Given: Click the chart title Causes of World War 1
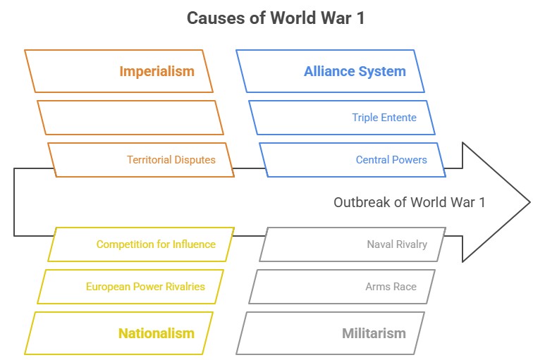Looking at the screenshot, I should (x=276, y=18).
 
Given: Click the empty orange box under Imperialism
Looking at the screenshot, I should (x=130, y=118).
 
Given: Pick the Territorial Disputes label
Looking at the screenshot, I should (x=171, y=160).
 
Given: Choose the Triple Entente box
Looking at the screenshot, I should (x=384, y=118).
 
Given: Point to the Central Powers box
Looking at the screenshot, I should (x=391, y=160).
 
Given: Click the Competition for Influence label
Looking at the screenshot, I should (x=156, y=244).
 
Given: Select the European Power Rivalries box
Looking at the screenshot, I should (x=145, y=287).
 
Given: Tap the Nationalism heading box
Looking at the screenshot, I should (x=156, y=333).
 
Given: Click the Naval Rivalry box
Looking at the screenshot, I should (x=397, y=244).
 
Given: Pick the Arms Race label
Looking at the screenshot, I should (x=391, y=287).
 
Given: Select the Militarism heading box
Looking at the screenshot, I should (x=374, y=333).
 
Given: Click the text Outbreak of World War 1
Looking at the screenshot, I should (x=409, y=202).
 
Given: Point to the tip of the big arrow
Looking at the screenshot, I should (x=528, y=202).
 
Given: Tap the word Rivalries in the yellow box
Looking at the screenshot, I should (x=183, y=287).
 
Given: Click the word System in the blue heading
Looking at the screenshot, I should (x=384, y=71).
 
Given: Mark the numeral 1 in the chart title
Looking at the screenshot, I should (x=361, y=18).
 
